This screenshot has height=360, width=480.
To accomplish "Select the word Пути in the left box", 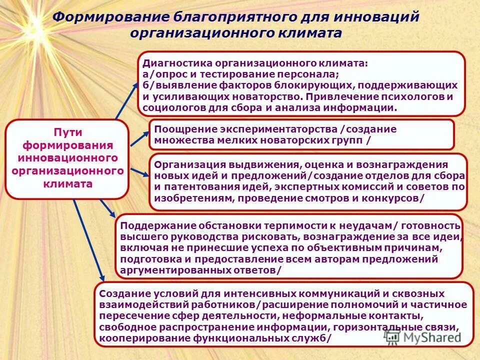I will pos(67,132).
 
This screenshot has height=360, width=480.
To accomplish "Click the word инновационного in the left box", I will pos(67,158).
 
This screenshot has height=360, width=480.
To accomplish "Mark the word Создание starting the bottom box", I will pos(121,294).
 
